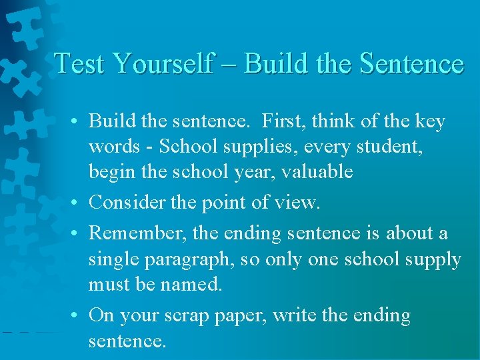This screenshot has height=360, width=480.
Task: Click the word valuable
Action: pos(317,172)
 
